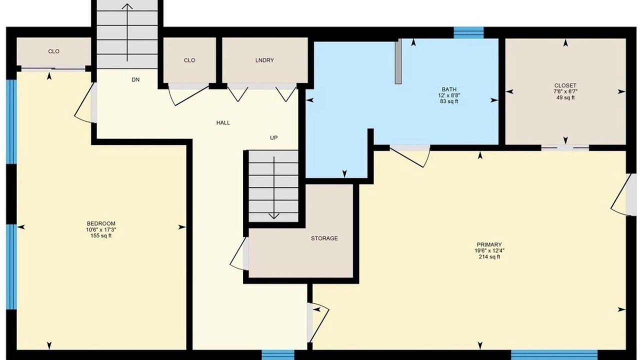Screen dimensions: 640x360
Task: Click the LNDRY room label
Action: pos(264,60)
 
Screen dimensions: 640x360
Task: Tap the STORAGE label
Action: pos(324,238)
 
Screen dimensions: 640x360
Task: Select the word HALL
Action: pos(223,123)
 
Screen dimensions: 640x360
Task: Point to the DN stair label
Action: pos(135,79)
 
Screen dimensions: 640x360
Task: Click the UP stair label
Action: pos(273,137)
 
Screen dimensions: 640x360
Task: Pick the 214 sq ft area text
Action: pos(489,257)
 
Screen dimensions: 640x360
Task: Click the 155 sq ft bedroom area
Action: pos(101,235)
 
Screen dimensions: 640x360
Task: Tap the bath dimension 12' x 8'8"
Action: pos(449,95)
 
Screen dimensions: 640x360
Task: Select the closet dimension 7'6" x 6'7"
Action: pos(565,91)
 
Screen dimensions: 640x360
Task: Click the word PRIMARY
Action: pos(489,244)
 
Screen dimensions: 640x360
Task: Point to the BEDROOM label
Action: pos(101,223)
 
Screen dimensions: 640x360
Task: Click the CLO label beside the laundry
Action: pos(189,60)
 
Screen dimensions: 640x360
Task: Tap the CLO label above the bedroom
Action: pos(53,51)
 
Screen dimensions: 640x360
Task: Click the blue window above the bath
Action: pos(468,32)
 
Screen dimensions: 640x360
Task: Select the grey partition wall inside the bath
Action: pos(398,61)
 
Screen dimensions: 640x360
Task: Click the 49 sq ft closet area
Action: pos(565,97)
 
